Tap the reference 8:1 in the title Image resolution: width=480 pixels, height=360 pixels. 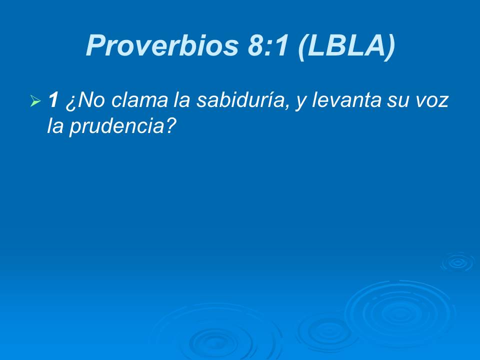click(269, 46)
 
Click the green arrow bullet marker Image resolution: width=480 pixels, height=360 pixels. click(35, 102)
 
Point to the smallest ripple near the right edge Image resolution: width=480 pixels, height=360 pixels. click(456, 262)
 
